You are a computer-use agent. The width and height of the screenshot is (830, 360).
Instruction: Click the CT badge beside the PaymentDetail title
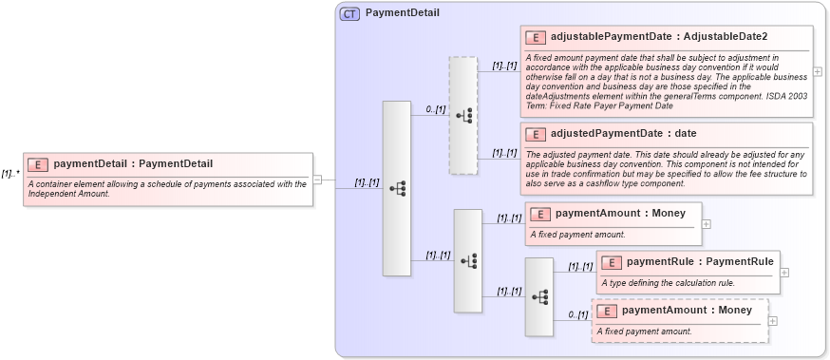349,13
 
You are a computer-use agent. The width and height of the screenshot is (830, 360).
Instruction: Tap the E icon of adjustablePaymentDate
535,37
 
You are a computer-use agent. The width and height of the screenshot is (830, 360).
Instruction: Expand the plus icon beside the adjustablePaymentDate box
818,72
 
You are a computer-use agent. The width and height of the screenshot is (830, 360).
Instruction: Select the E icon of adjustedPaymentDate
535,134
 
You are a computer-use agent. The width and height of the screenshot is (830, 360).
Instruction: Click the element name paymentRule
660,261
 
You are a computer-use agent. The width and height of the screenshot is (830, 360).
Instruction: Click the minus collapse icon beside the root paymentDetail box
317,179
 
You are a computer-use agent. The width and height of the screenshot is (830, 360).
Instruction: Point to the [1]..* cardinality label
10,174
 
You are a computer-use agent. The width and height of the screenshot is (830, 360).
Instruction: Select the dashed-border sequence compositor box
463,115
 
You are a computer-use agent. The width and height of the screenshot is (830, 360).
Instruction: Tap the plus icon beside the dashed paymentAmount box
772,320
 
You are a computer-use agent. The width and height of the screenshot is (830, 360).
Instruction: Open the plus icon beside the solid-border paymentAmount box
706,224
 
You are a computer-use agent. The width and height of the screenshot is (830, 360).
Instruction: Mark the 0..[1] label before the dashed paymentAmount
577,314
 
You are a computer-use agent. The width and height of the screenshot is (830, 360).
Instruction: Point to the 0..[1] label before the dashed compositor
435,109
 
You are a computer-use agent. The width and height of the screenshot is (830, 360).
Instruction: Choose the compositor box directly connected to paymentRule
539,296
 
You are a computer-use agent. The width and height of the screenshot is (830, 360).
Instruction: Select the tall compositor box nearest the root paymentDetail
396,188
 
